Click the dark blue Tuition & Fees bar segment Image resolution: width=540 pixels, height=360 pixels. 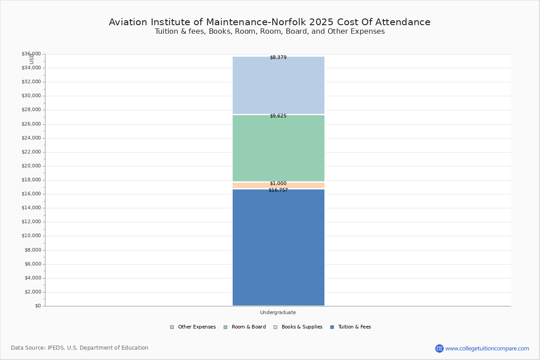pos(279,247)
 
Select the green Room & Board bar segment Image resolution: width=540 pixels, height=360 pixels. pos(279,148)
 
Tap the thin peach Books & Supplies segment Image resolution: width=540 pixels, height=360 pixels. pos(279,185)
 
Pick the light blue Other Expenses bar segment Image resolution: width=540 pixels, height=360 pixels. pos(279,85)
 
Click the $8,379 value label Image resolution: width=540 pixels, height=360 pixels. pos(278,58)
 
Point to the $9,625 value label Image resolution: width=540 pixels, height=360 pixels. pos(278,116)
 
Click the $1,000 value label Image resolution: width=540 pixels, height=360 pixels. pos(278,183)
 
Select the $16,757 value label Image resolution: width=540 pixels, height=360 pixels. pos(278,190)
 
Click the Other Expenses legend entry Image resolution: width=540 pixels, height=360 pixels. pos(193,327)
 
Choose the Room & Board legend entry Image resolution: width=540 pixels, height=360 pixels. pos(245,327)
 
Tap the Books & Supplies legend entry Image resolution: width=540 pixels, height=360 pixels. pos(298,327)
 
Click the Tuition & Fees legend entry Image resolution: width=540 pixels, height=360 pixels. pos(351,327)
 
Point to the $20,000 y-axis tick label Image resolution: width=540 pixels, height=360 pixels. pos(31,166)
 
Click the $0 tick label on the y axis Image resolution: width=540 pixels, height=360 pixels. pos(38,306)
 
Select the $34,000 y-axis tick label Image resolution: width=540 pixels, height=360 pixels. pos(31,68)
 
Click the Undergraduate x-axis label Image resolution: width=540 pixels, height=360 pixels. pos(278,312)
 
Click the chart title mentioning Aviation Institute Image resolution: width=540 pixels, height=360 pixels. pos(270,22)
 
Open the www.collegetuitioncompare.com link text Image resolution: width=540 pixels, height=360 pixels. pos(487,348)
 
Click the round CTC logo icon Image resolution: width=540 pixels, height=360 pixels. pos(440,348)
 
